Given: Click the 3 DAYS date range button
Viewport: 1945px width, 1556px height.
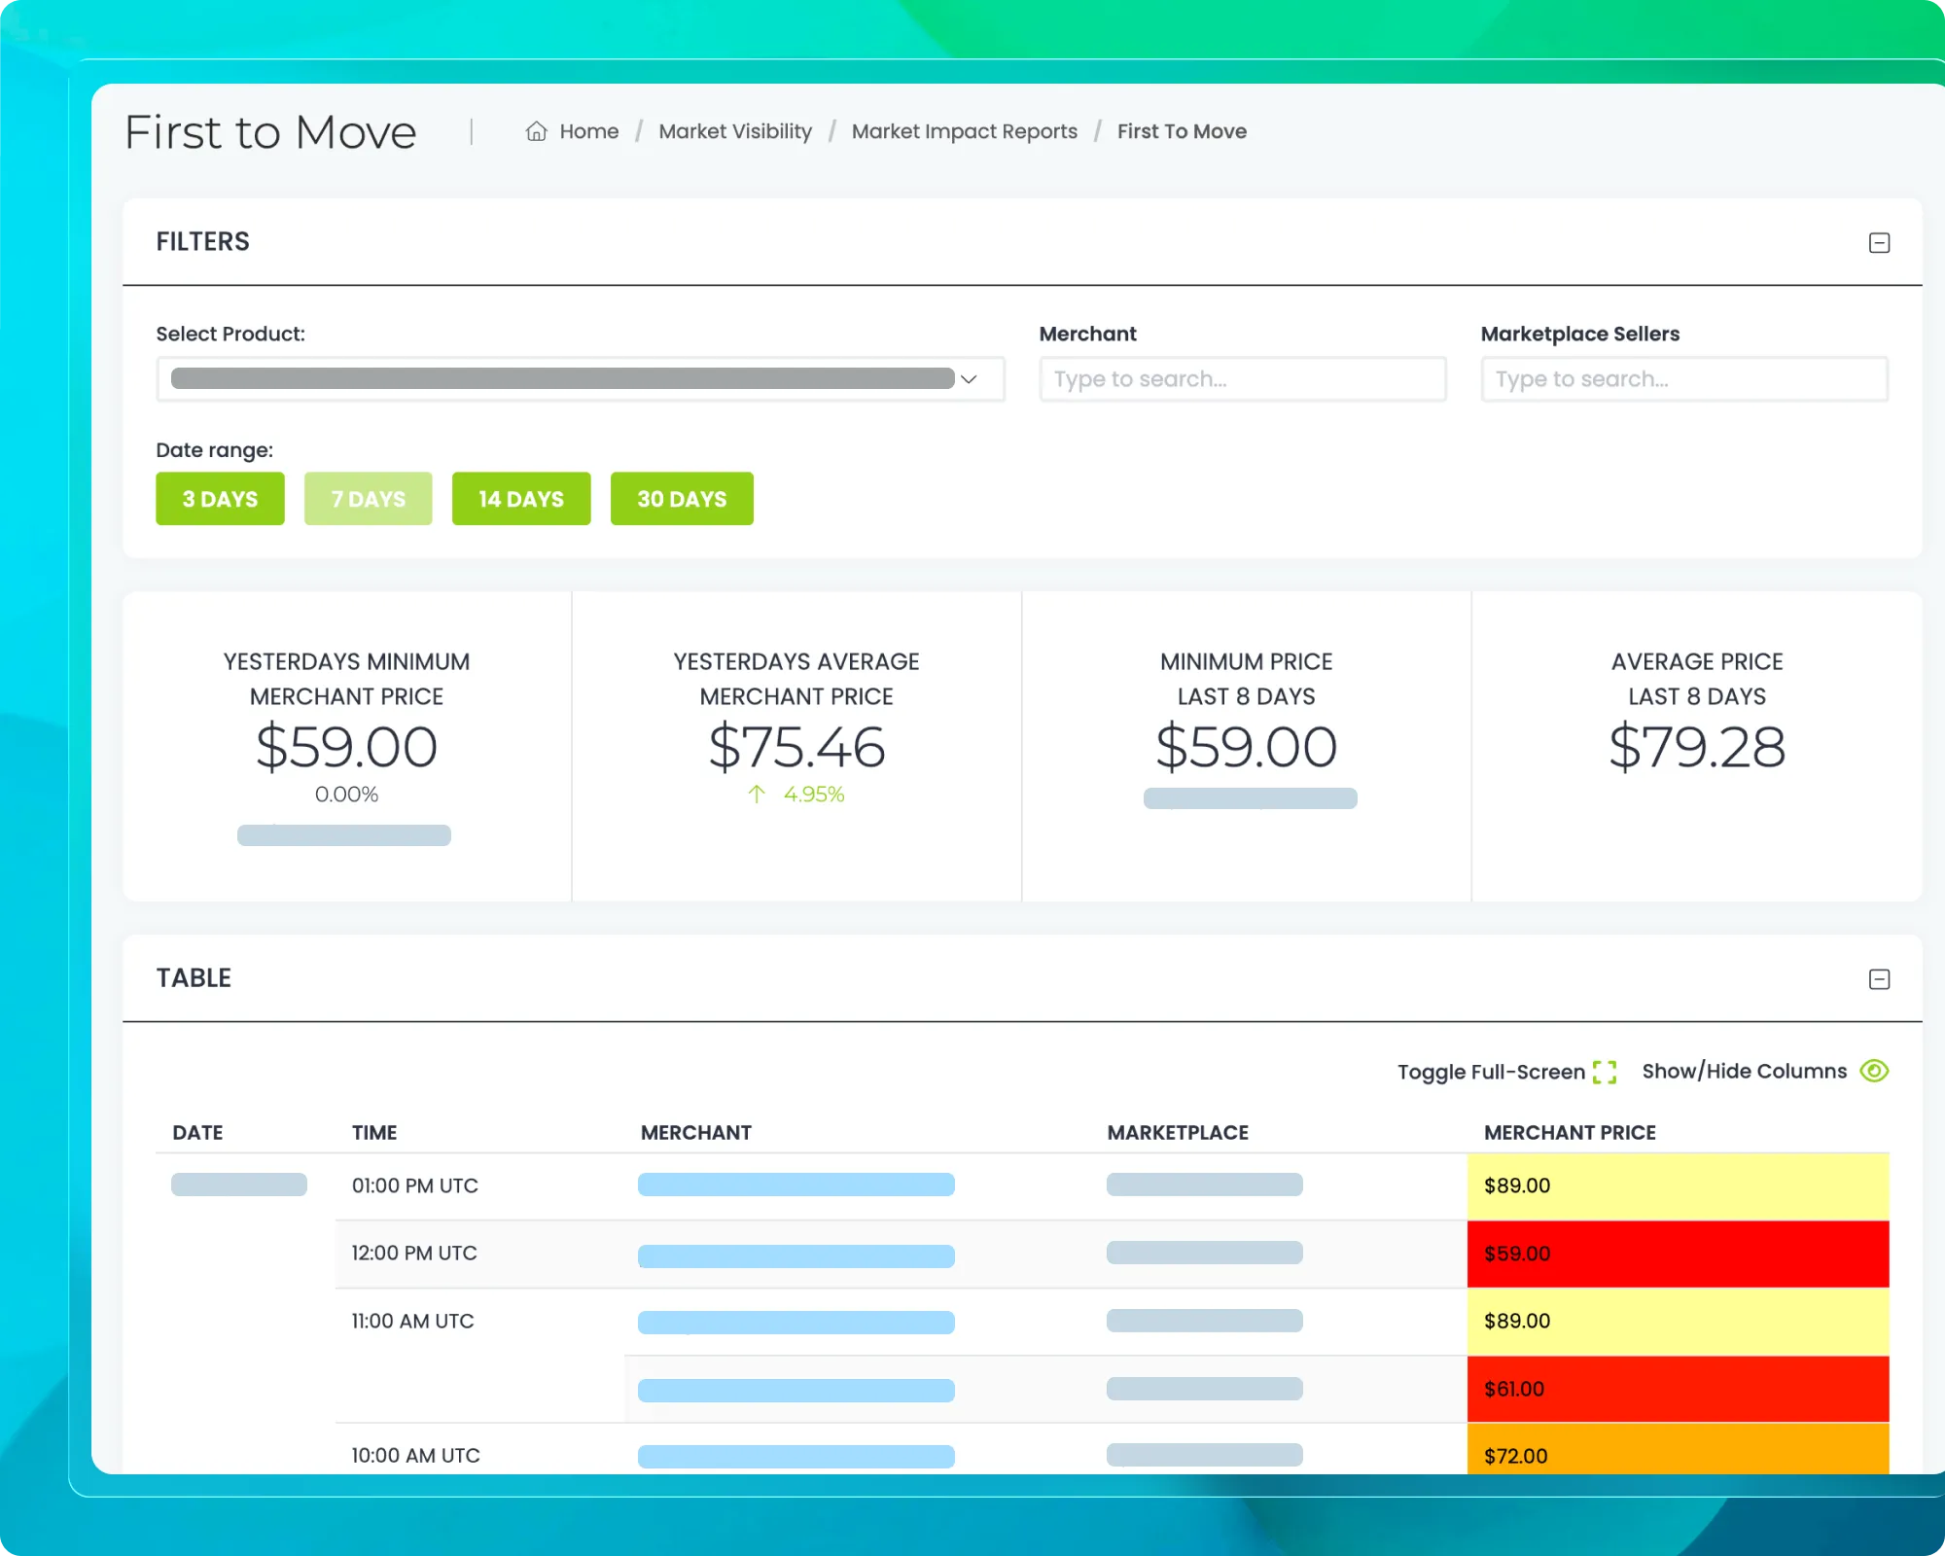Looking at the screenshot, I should pyautogui.click(x=220, y=499).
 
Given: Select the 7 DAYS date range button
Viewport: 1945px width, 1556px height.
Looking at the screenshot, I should pyautogui.click(x=368, y=499).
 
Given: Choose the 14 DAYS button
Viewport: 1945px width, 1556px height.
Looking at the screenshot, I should pyautogui.click(x=520, y=499).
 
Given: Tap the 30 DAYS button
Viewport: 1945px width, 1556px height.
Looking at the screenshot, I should pyautogui.click(x=681, y=499).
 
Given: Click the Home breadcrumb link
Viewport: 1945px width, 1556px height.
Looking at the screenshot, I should pyautogui.click(x=587, y=131).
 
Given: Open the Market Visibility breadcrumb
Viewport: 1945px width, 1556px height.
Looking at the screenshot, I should pyautogui.click(x=734, y=131).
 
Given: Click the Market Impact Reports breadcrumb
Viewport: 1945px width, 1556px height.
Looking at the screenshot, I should pyautogui.click(x=964, y=131).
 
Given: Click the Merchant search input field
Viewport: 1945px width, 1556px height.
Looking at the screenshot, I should pyautogui.click(x=1242, y=379).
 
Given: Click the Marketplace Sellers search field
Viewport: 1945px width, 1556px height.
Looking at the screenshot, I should pyautogui.click(x=1683, y=379).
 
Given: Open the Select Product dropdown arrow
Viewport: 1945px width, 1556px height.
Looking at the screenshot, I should pyautogui.click(x=969, y=379).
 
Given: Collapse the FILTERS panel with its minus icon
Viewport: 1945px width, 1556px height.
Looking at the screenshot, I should pyautogui.click(x=1879, y=243).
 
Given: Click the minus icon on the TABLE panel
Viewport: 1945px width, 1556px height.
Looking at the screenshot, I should pyautogui.click(x=1879, y=979).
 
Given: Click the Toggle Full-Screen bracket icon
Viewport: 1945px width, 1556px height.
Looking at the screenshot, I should pyautogui.click(x=1605, y=1072).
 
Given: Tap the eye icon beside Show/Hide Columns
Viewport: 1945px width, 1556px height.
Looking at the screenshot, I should pyautogui.click(x=1874, y=1071).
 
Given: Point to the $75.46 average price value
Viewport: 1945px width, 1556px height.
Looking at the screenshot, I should pyautogui.click(x=796, y=747).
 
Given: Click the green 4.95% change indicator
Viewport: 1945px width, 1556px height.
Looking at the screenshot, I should pyautogui.click(x=812, y=795).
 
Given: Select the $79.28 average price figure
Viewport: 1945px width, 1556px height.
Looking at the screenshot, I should pyautogui.click(x=1696, y=747).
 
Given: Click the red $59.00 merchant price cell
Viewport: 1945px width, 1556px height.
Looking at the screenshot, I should pyautogui.click(x=1677, y=1254).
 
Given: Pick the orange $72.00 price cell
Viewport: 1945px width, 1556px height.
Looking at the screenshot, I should pyautogui.click(x=1677, y=1454).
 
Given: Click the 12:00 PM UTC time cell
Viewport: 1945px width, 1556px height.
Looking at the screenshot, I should pyautogui.click(x=414, y=1254).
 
